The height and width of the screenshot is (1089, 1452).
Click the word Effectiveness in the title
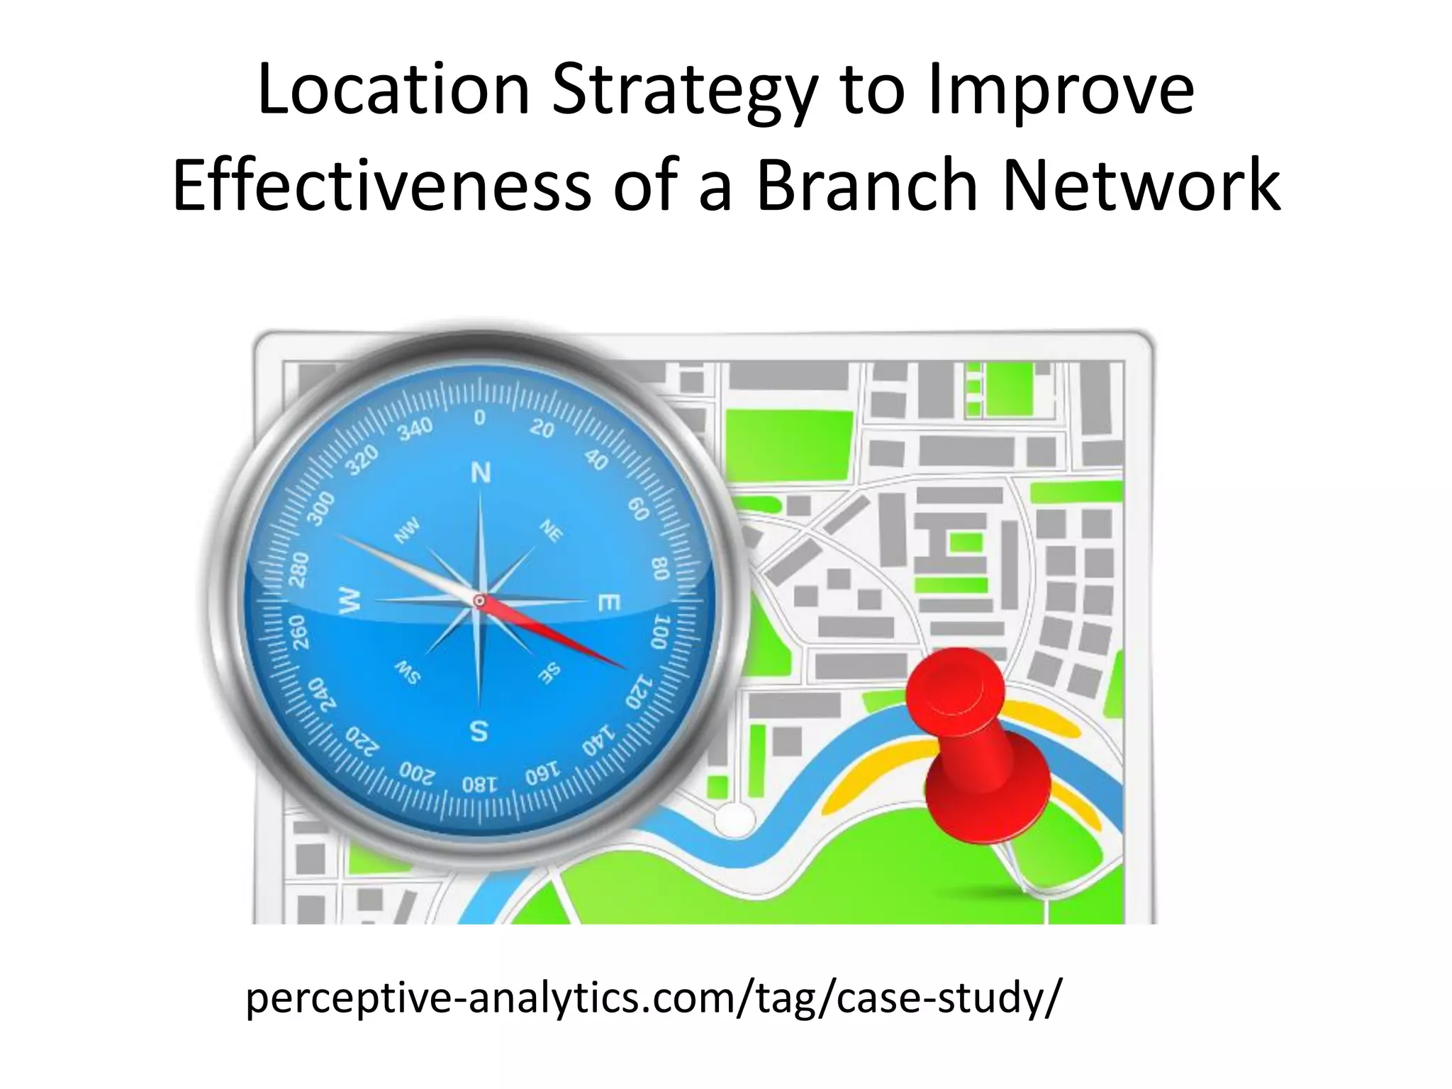click(x=381, y=186)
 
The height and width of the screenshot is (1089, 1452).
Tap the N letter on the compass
click(x=481, y=473)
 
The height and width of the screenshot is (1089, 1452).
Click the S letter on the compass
click(x=479, y=730)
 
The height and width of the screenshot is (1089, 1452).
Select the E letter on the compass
click(x=609, y=603)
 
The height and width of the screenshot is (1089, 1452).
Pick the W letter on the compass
click(x=350, y=602)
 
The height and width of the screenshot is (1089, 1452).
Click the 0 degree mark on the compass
click(x=480, y=418)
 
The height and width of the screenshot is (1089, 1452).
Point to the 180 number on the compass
click(x=476, y=785)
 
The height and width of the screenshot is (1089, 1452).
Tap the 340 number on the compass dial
click(x=415, y=429)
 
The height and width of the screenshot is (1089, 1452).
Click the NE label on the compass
click(x=551, y=530)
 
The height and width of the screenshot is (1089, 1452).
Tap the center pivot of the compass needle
click(x=480, y=601)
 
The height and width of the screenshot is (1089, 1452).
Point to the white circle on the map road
click(x=735, y=820)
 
